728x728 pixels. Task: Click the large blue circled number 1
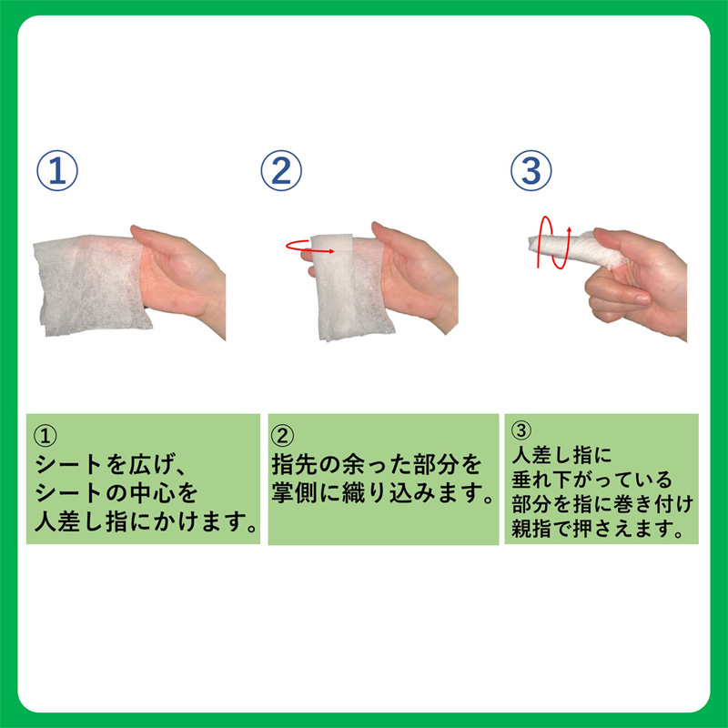click(57, 170)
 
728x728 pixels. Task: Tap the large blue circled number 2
click(281, 170)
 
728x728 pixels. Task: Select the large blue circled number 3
click(531, 170)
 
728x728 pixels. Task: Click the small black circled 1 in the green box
click(45, 436)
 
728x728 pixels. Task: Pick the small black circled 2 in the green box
click(282, 436)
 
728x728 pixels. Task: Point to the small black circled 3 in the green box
click(521, 430)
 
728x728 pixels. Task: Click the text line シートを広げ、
click(111, 464)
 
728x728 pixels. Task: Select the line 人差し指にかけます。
click(147, 521)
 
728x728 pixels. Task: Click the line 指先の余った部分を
click(377, 464)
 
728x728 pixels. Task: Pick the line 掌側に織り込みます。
click(383, 493)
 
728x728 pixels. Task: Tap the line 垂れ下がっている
click(592, 480)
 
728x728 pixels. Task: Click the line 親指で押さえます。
click(598, 529)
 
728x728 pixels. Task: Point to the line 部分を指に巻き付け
click(602, 504)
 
